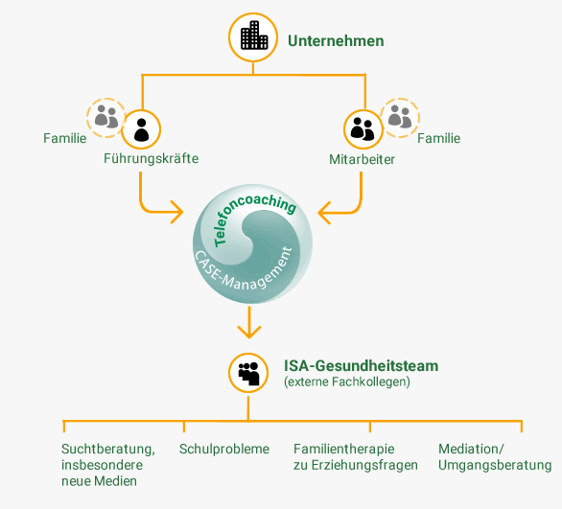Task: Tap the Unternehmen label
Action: pos(336,41)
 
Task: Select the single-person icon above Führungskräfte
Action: pos(141,129)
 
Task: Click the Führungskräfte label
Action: pos(152,158)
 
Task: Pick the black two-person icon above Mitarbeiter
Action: pos(363,129)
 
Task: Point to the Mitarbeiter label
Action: pos(362,159)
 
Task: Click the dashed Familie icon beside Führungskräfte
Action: pos(105,118)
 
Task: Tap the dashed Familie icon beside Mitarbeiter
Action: pos(400,118)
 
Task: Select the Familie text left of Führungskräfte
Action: pos(65,138)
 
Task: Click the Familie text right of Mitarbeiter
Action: pos(438,138)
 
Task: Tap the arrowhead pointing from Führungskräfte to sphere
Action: pos(177,212)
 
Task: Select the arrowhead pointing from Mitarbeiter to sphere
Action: pos(324,213)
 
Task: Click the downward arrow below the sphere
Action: pos(249,322)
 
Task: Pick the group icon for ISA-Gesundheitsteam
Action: pos(248,373)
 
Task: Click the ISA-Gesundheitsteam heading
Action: pos(362,366)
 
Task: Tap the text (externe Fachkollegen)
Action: pos(347,382)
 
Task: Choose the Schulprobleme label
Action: pos(224,449)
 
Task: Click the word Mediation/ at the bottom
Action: pos(471,449)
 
